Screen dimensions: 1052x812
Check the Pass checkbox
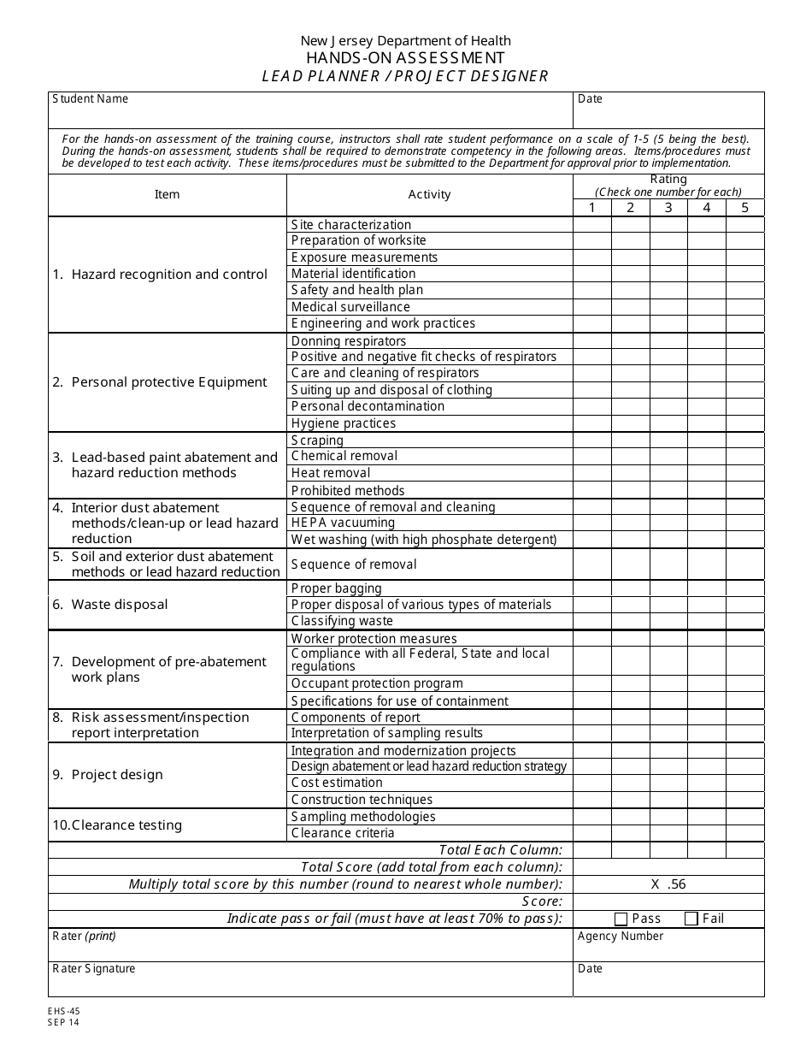pos(621,919)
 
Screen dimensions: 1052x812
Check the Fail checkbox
pos(691,919)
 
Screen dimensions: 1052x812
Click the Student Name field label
pos(90,98)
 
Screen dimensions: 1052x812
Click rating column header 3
pos(668,208)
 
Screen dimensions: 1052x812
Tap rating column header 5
pos(744,208)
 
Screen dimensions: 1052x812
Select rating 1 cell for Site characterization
pos(591,225)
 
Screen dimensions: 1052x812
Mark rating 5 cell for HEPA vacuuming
pos(744,523)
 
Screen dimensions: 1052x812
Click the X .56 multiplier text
pos(668,884)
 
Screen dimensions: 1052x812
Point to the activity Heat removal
pos(331,473)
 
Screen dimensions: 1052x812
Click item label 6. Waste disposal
pos(110,605)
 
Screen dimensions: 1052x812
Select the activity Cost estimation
pos(337,783)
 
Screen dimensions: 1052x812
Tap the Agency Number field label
pos(620,937)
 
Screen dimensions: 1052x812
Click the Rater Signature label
pos(93,969)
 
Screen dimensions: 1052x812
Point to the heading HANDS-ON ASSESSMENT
pos(405,58)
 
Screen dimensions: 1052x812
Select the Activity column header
pos(429,195)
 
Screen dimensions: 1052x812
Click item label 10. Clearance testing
pos(117,825)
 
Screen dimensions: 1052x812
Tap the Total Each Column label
pos(500,850)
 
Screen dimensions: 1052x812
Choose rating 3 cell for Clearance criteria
pos(668,833)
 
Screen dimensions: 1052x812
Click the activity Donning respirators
pos(337,341)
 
